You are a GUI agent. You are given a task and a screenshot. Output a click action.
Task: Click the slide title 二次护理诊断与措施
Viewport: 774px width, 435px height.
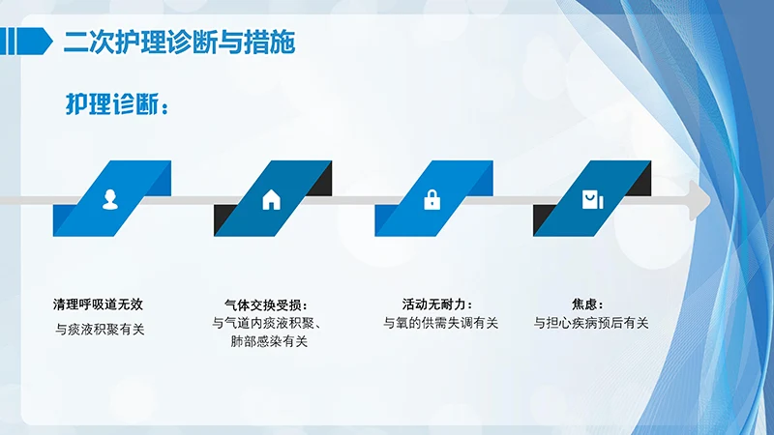click(179, 43)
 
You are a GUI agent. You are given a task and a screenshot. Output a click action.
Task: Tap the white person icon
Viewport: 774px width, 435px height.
click(110, 199)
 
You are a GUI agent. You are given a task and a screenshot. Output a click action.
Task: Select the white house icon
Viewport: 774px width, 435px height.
click(271, 199)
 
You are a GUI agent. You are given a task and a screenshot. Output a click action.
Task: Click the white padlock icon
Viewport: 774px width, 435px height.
click(432, 199)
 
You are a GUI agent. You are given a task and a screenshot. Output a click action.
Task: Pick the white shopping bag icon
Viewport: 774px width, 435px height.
click(590, 199)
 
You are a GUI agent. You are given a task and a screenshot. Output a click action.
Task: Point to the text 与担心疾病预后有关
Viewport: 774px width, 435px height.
click(591, 323)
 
